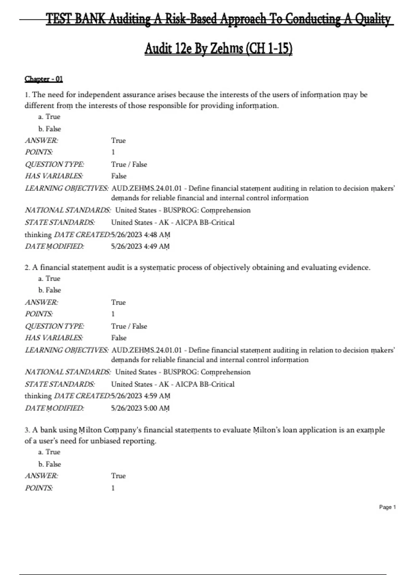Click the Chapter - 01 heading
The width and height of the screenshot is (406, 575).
coord(44,79)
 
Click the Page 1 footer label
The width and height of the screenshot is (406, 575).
coord(387,507)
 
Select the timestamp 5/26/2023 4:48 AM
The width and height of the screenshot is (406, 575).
coord(140,235)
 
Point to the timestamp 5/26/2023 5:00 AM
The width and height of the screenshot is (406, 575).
coord(140,408)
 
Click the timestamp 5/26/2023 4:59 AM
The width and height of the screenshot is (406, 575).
coord(140,396)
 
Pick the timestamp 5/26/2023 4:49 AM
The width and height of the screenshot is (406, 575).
coord(140,247)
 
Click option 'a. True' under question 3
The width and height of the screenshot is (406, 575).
coord(49,452)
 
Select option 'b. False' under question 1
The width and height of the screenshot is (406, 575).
coord(49,129)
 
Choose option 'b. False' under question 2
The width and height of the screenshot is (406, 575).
coord(49,290)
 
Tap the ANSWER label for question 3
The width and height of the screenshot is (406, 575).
coord(41,476)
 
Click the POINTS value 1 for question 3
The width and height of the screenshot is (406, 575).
coord(113,488)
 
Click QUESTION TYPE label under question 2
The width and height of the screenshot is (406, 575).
coord(54,326)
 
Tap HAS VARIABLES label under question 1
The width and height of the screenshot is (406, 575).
coord(53,176)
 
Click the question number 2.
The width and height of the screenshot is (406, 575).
coord(27,268)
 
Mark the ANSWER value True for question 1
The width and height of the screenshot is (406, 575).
coord(118,141)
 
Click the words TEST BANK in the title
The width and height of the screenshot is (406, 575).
coord(75,19)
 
